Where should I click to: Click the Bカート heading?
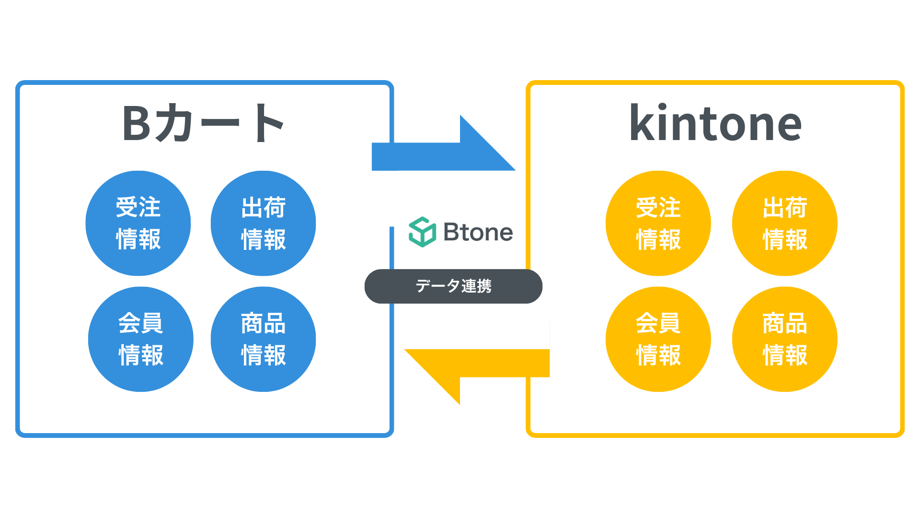tap(204, 123)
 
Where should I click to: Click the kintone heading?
tap(715, 124)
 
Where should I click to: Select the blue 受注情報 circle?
tap(138, 223)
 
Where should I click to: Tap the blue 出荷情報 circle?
tap(263, 223)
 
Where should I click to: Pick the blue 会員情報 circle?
tap(141, 339)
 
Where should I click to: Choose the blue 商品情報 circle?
tap(263, 339)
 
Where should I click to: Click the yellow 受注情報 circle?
tap(658, 223)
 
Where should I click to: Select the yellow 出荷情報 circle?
tap(785, 223)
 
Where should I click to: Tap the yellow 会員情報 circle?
tap(658, 339)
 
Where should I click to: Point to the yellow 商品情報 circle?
tap(785, 339)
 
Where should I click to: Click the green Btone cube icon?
tap(422, 232)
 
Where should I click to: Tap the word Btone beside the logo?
tap(478, 232)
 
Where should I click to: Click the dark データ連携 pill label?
tap(453, 286)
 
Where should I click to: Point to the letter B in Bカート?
tap(137, 123)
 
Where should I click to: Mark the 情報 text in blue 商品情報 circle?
tap(263, 355)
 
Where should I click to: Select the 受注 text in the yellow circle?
tap(658, 207)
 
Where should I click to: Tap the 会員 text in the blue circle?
tap(141, 323)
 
